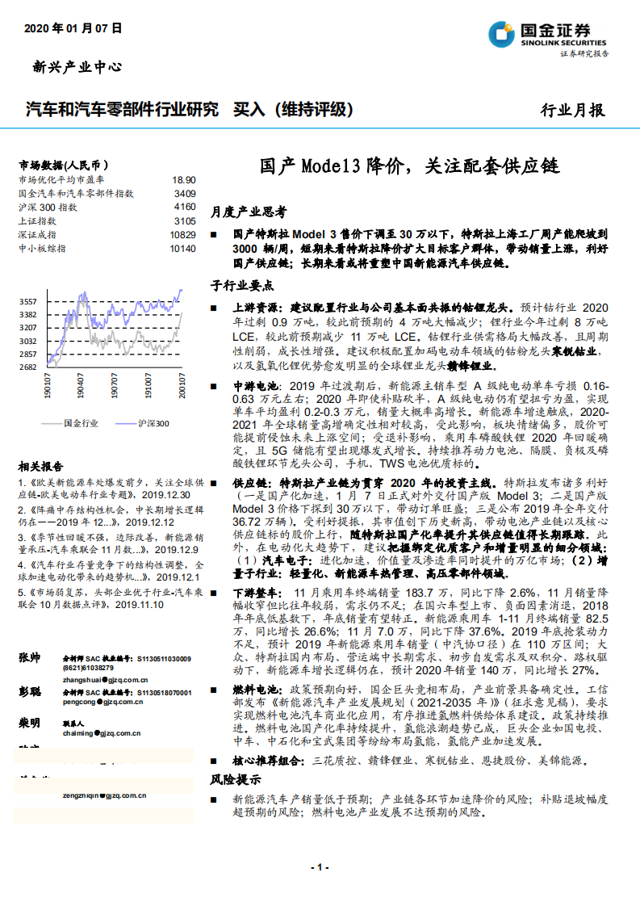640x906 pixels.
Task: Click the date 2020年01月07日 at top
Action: (x=73, y=27)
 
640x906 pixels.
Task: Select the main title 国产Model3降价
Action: (x=408, y=166)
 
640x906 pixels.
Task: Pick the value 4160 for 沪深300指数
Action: (x=184, y=207)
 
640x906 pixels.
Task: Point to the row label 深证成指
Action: (x=37, y=234)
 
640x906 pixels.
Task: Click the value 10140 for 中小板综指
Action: (x=182, y=248)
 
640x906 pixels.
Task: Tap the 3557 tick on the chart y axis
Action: (x=28, y=301)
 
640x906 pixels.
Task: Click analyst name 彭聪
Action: (x=29, y=692)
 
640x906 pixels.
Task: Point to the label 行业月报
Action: (x=571, y=111)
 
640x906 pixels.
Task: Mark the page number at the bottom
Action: (x=320, y=867)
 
